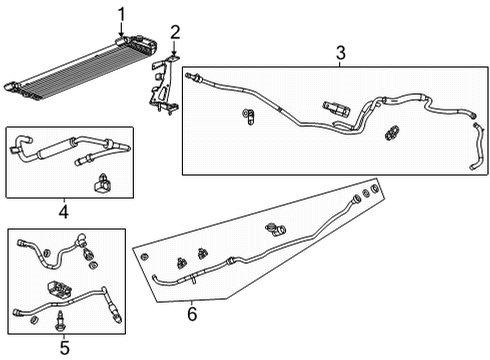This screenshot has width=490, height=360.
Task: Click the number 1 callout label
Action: click(122, 13)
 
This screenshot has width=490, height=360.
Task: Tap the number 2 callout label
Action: click(174, 33)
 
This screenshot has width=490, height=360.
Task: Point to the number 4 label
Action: click(62, 211)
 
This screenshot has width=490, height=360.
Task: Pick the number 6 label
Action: click(192, 315)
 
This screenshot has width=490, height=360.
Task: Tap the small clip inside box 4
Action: click(102, 183)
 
